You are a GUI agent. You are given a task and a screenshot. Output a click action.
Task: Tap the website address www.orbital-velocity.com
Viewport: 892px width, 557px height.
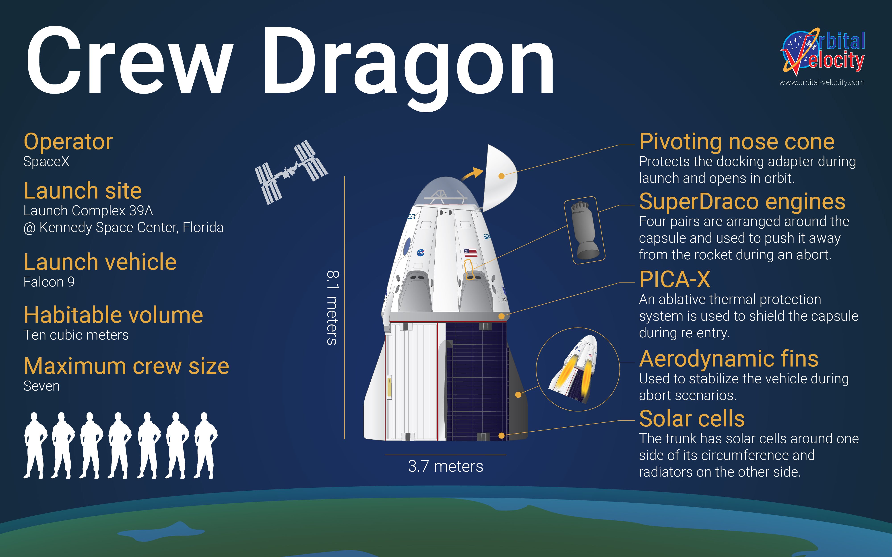(x=822, y=82)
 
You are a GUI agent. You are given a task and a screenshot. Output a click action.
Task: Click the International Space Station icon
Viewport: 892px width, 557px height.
(x=291, y=172)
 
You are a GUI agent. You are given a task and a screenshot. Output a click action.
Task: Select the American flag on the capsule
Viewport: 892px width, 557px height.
(x=470, y=252)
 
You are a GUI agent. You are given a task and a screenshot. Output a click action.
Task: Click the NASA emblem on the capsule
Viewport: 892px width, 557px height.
(x=421, y=252)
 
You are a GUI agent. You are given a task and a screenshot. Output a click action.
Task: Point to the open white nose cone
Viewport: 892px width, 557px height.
(x=500, y=178)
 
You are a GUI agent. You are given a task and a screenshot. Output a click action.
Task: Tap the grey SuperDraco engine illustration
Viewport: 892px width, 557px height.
(x=584, y=230)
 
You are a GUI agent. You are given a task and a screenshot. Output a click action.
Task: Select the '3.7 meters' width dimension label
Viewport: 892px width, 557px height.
(x=445, y=466)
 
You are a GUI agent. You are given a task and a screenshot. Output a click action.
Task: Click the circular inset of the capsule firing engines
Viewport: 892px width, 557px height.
(x=578, y=369)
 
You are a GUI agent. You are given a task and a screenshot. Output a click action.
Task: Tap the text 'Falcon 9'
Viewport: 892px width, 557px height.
(x=49, y=282)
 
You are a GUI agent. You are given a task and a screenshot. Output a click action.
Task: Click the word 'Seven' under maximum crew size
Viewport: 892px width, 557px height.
(x=41, y=386)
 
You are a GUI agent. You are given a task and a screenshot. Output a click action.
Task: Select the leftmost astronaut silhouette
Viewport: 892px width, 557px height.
(x=35, y=445)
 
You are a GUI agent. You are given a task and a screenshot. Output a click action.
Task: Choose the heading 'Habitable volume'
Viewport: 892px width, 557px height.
(x=113, y=315)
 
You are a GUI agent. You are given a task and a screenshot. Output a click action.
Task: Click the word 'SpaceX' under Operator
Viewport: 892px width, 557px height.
(x=46, y=161)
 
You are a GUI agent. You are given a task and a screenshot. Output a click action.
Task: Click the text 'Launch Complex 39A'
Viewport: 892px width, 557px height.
(x=88, y=211)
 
